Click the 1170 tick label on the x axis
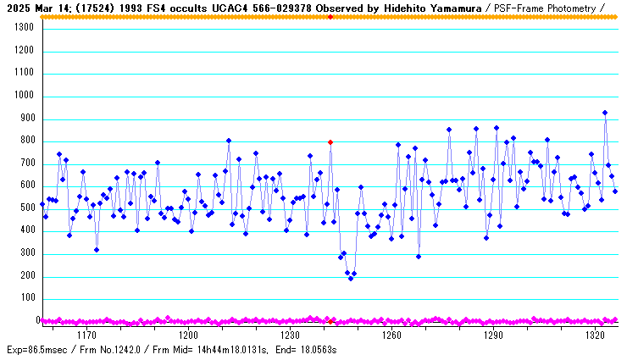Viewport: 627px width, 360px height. [87, 336]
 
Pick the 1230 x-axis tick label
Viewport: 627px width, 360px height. [290, 336]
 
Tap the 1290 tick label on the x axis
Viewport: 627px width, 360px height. [492, 336]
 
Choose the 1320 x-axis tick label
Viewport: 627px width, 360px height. [594, 336]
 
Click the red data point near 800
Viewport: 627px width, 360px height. [330, 142]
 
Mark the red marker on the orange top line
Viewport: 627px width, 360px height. [330, 17]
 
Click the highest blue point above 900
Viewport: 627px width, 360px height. [605, 113]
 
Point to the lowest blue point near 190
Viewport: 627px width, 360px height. [351, 278]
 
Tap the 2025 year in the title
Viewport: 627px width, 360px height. [14, 7]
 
